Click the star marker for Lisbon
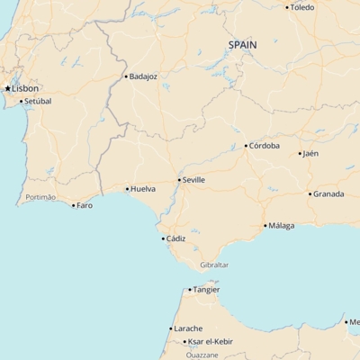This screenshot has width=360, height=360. [x=8, y=88]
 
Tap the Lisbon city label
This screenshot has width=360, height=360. [x=25, y=88]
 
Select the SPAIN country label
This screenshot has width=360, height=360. [x=242, y=44]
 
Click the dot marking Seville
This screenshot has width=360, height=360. [x=178, y=180]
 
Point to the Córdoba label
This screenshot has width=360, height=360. [x=265, y=145]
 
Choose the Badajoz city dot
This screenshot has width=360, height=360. [x=126, y=76]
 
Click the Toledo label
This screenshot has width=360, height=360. [x=302, y=7]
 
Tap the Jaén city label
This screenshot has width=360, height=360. [x=310, y=153]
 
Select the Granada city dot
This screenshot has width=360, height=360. [x=310, y=193]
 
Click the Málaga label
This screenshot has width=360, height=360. [x=281, y=225]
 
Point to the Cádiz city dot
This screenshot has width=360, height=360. [x=163, y=238]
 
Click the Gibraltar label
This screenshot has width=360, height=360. [x=214, y=265]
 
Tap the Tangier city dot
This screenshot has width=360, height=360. [x=190, y=289]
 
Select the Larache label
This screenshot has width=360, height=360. [x=188, y=328]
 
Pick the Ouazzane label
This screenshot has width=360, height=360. [x=202, y=355]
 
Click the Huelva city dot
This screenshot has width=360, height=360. [x=127, y=189]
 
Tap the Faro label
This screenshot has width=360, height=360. [x=85, y=205]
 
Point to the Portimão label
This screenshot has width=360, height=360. [x=40, y=197]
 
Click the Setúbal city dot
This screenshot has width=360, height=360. [x=21, y=101]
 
